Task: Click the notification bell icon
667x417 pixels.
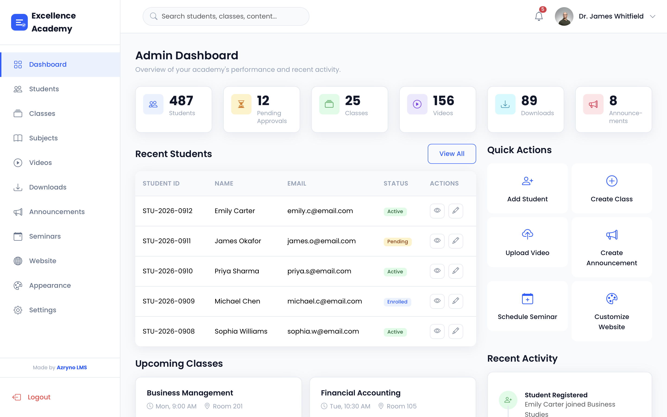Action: (538, 16)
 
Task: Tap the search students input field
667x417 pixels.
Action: (226, 16)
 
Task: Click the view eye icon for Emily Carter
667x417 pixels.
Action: (437, 211)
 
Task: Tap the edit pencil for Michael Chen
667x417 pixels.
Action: (456, 301)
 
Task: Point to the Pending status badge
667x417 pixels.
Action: (397, 242)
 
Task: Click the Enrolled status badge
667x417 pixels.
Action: (397, 302)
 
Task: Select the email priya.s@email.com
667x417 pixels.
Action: (319, 271)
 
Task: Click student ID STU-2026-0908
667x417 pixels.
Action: (169, 331)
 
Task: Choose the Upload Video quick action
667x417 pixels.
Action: (527, 242)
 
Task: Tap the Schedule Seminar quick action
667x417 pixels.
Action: (527, 306)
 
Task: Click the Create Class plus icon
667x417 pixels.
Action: (612, 181)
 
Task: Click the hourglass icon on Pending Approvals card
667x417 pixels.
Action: (241, 104)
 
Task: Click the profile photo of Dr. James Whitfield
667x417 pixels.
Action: (564, 16)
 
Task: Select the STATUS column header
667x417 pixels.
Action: (396, 183)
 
